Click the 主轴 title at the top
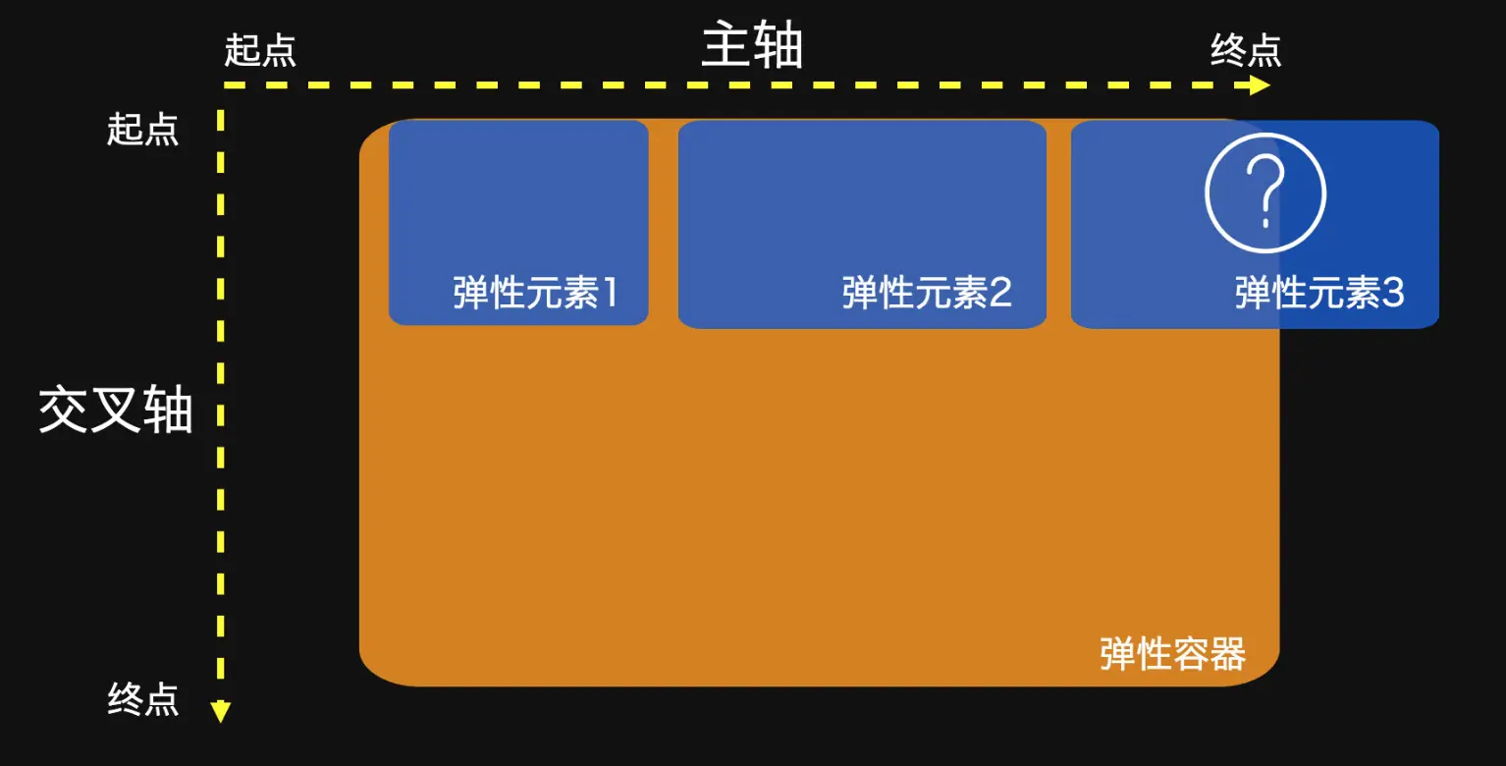pyautogui.click(x=752, y=46)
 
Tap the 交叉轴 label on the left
pyautogui.click(x=116, y=410)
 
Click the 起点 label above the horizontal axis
pyautogui.click(x=260, y=50)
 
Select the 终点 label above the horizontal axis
pyautogui.click(x=1246, y=50)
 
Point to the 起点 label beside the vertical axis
pyautogui.click(x=143, y=129)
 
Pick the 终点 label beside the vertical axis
pyautogui.click(x=143, y=699)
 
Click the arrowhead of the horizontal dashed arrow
pyautogui.click(x=1261, y=85)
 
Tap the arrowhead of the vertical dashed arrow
pyautogui.click(x=221, y=712)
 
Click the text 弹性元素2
pyautogui.click(x=927, y=293)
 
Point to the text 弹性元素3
pyautogui.click(x=1319, y=293)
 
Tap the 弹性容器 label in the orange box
pyautogui.click(x=1173, y=653)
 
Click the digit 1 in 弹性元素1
pyautogui.click(x=610, y=293)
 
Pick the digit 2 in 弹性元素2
pyautogui.click(x=1000, y=293)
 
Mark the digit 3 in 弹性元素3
pyautogui.click(x=1393, y=293)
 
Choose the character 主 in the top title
pyautogui.click(x=726, y=46)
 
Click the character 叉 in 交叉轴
pyautogui.click(x=116, y=410)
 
